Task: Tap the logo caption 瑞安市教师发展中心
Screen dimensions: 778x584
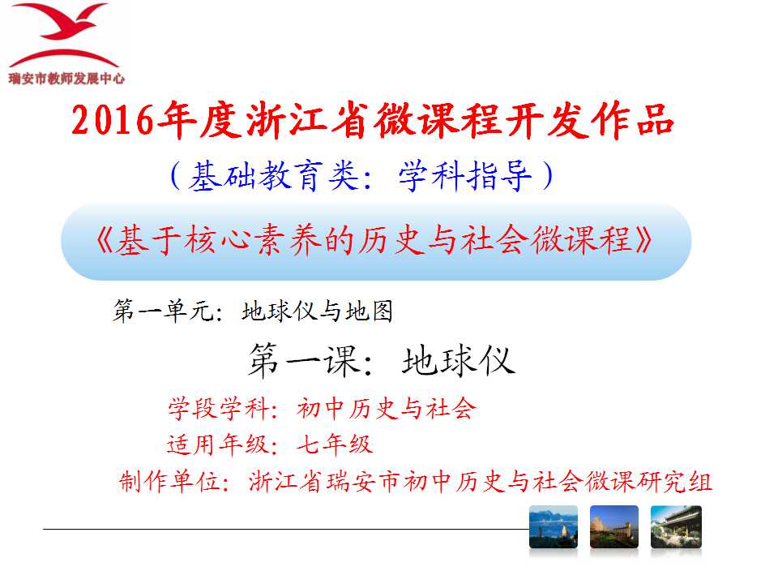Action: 66,79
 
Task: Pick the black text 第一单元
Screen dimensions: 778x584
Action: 163,311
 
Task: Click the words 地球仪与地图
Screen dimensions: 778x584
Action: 318,311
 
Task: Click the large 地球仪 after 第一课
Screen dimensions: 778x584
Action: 459,360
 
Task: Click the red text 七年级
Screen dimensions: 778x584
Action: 335,444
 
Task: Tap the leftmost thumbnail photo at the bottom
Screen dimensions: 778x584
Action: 554,527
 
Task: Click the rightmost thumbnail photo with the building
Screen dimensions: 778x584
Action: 676,527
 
